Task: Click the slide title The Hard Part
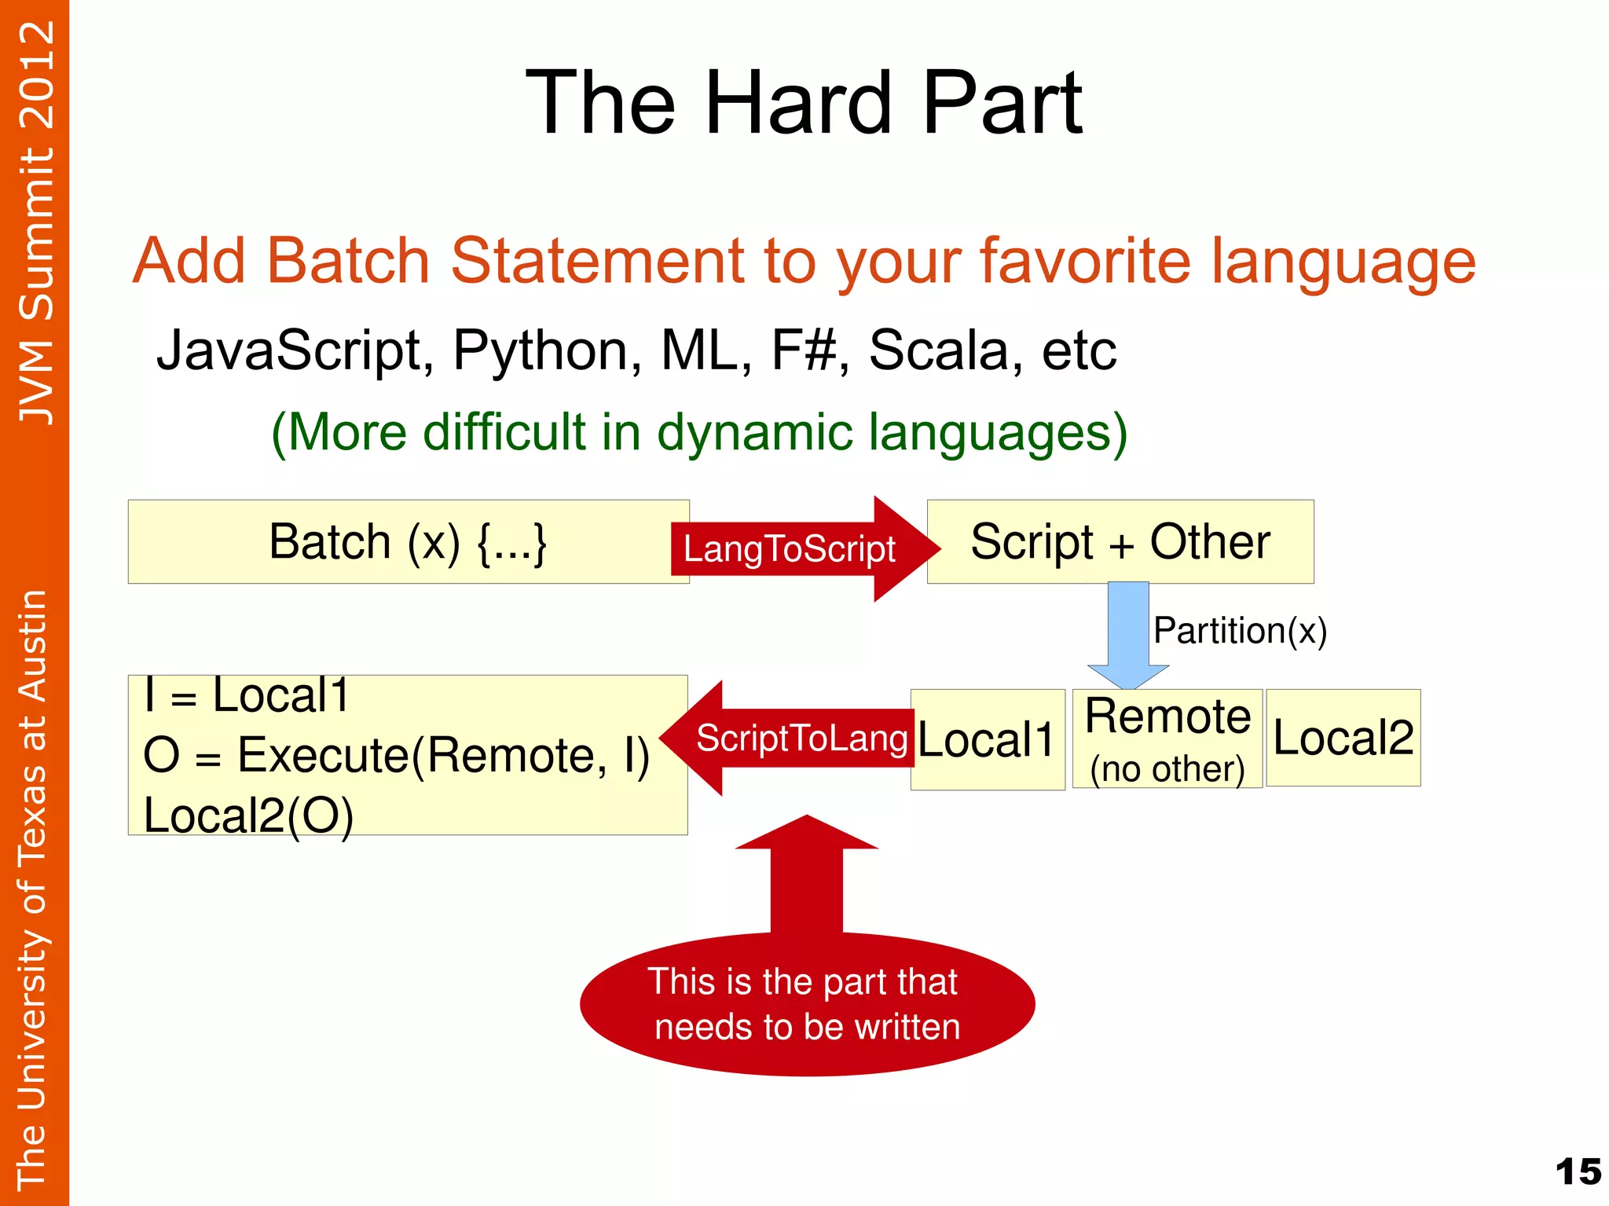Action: coord(804,103)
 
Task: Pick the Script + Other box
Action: coord(1120,542)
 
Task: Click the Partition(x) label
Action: coord(1239,631)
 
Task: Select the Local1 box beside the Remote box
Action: coord(987,740)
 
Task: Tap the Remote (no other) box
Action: coord(1167,739)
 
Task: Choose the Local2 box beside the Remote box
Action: coord(1343,739)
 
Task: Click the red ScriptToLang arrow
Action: coord(794,739)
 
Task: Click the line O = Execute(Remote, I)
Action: coord(396,756)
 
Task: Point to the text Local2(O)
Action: coord(248,816)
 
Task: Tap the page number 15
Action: coord(1578,1171)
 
